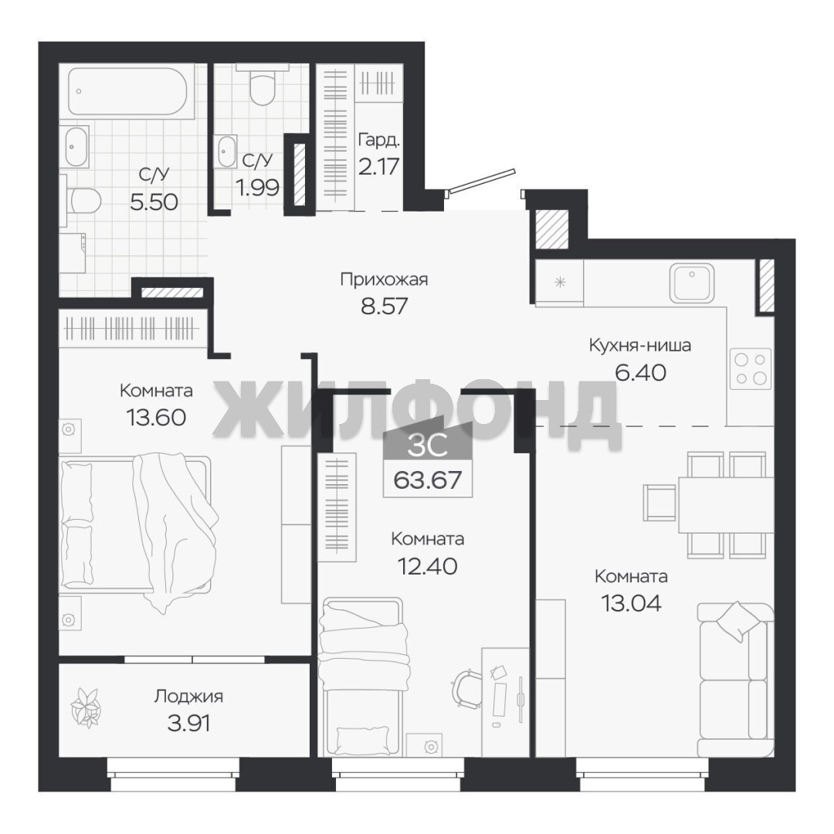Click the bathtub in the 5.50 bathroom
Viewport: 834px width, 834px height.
point(127,91)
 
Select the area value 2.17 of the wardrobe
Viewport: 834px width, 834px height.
point(378,167)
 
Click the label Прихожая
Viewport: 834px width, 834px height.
point(384,280)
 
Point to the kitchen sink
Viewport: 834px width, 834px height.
point(691,283)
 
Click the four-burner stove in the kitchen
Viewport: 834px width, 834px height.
point(750,368)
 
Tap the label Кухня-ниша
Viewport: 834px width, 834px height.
point(640,346)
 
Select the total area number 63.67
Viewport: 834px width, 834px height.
point(427,480)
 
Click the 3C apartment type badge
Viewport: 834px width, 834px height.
point(428,446)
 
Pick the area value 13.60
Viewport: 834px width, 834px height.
point(156,417)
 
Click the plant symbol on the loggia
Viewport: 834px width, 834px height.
point(86,707)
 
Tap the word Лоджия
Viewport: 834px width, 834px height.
point(189,697)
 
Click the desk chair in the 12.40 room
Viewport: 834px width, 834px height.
point(467,688)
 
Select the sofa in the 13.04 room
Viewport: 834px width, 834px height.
point(736,680)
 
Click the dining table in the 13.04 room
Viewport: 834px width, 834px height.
point(726,504)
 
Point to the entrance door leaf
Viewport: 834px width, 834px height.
point(483,180)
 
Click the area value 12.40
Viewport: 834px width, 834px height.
point(428,566)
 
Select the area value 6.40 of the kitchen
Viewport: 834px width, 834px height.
point(640,372)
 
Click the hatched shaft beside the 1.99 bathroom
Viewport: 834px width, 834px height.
point(300,174)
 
